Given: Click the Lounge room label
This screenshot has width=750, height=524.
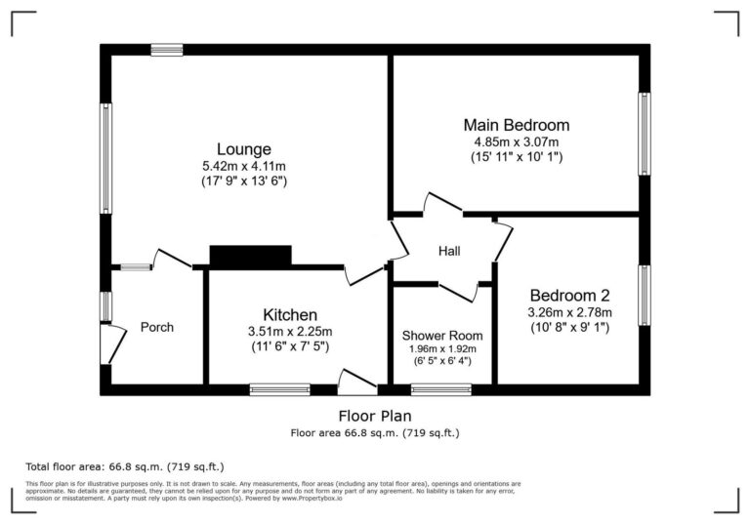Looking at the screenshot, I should click(243, 149).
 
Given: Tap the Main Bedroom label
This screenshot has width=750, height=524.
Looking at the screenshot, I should click(517, 125).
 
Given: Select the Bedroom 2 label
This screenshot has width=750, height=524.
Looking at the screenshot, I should click(570, 296).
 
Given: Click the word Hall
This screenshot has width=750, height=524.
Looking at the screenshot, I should click(449, 252).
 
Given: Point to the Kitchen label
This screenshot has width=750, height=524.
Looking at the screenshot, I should click(290, 315).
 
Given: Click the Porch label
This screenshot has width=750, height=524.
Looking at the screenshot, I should click(156, 327).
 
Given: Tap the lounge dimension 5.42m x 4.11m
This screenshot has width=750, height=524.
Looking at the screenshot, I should click(243, 167).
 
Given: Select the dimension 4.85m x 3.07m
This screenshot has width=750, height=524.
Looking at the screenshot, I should click(517, 141).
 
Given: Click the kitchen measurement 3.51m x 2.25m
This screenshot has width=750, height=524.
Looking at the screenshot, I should click(290, 332).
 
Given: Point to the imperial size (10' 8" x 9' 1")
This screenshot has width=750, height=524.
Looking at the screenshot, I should click(570, 328).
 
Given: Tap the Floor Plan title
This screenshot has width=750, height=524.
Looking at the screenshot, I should click(374, 416).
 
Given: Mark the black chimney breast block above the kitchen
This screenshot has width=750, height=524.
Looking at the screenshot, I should click(250, 256).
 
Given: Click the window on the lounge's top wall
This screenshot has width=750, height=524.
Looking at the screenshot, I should click(167, 49).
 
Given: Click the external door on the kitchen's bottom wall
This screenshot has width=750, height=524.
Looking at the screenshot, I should click(355, 382).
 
